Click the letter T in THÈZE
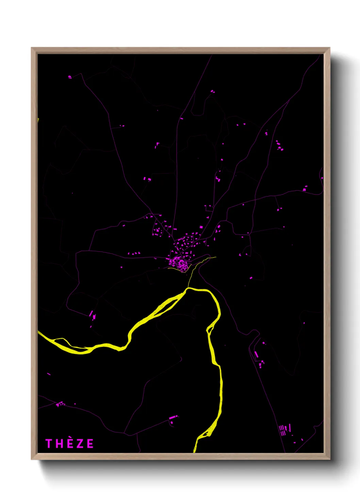[49, 443]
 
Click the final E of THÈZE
[90, 443]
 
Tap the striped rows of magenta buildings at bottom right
[283, 430]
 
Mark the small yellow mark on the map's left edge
[38, 120]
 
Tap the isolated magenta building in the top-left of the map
[70, 77]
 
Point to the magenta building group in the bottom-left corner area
[60, 404]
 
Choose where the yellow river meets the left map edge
[39, 332]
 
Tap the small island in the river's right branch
[210, 329]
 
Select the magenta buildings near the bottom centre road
[173, 418]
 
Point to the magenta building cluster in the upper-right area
[279, 146]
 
